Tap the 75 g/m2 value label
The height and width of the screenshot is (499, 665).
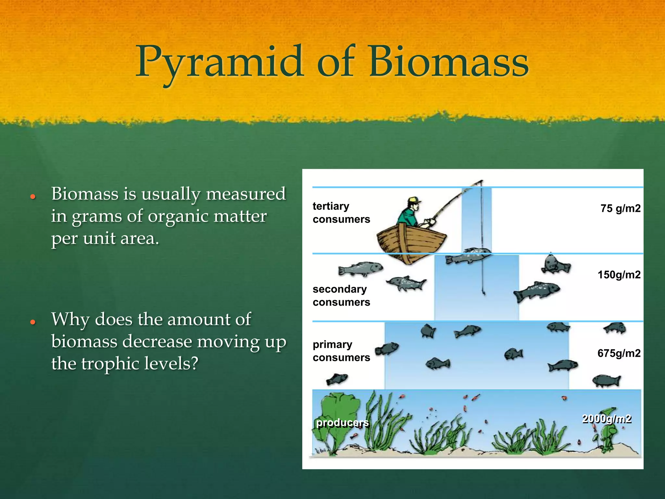click(x=620, y=208)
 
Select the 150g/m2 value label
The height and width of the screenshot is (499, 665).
click(x=619, y=275)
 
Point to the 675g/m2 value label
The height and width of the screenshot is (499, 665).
click(x=619, y=353)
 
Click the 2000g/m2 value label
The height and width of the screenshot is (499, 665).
click(x=607, y=419)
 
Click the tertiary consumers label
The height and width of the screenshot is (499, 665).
click(x=341, y=213)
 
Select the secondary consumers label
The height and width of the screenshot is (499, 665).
click(x=341, y=296)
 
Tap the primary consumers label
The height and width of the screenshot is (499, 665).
click(x=341, y=351)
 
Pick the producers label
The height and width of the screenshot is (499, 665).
click(x=343, y=423)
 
